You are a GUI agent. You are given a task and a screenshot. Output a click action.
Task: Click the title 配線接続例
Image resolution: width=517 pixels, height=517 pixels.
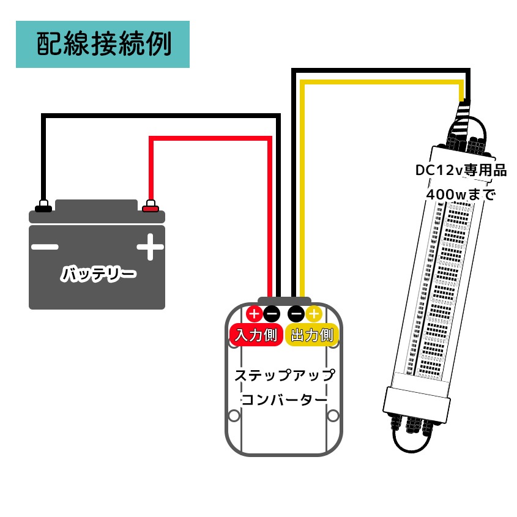(x=104, y=44)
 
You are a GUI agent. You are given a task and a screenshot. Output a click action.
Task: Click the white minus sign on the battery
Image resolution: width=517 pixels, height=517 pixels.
(x=45, y=247)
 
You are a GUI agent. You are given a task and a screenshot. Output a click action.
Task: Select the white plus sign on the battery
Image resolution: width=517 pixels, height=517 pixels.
(x=150, y=247)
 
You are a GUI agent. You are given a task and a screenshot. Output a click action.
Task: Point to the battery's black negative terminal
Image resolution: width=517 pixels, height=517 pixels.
(x=43, y=206)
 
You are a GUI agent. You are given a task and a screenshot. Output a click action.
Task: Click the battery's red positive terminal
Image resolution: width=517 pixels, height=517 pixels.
(x=151, y=206)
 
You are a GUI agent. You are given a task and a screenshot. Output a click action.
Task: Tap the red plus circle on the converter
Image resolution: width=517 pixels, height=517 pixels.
(x=254, y=313)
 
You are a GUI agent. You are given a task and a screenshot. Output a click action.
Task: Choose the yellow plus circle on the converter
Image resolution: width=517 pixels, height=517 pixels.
(x=313, y=313)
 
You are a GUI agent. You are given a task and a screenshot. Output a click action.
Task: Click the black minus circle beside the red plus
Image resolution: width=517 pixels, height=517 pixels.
(x=272, y=313)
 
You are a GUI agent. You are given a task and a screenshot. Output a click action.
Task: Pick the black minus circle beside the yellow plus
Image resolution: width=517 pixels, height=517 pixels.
(x=296, y=313)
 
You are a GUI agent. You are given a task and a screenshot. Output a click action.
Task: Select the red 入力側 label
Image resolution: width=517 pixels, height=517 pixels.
(x=256, y=335)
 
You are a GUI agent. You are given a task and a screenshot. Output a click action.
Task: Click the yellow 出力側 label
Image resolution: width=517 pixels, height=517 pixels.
(x=312, y=335)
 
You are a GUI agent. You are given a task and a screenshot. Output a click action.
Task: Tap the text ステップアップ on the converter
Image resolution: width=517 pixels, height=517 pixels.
(x=285, y=376)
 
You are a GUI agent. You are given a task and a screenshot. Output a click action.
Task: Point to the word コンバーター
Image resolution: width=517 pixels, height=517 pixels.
(x=285, y=400)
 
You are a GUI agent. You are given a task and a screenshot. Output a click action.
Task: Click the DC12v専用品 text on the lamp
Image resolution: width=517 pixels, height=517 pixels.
(x=461, y=171)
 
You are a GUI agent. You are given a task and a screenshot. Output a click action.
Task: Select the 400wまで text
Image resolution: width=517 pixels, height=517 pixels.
(x=461, y=195)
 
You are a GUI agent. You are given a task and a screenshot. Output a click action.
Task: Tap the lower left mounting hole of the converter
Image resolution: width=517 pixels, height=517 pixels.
(x=234, y=415)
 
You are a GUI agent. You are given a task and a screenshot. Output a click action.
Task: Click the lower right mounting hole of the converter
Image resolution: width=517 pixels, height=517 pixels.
(x=333, y=415)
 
